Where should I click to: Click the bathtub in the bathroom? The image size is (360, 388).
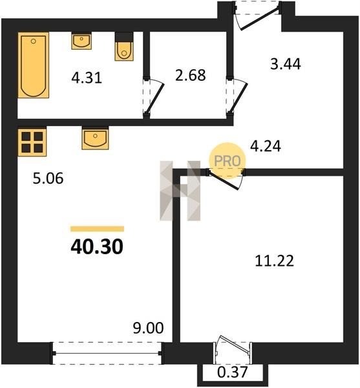coord(34,65)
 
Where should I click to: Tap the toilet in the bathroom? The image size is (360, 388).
coord(124,47)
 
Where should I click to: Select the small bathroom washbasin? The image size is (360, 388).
coord(81,41)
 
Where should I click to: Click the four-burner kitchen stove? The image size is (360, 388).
coord(32,142)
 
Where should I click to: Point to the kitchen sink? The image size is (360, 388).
coord(95,138)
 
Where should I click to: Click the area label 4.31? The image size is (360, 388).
coord(87,78)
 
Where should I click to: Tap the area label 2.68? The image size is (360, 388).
coord(191,75)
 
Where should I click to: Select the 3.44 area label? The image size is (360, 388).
coord(286,64)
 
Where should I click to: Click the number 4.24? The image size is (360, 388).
coord(266,146)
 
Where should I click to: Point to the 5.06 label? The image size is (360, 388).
coord(48,178)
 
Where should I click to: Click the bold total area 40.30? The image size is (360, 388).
coord(97,247)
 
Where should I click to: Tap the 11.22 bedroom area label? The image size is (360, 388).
coord(275,261)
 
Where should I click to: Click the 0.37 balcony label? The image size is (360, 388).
coord(233,372)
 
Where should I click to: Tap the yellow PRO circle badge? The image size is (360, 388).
coord(228,161)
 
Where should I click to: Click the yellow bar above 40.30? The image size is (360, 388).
coord(97,229)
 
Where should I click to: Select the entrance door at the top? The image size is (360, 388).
coord(258,16)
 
